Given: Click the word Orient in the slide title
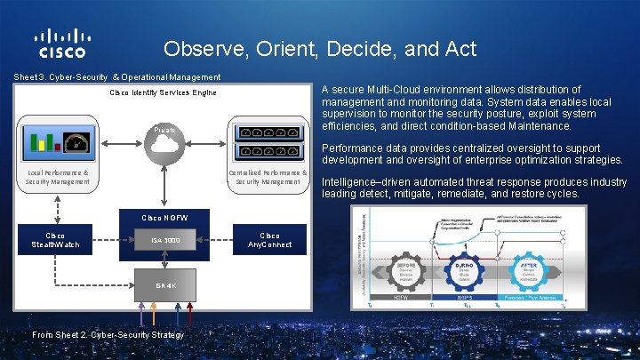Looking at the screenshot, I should pos(284,49).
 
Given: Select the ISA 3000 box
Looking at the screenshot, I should pos(164,240).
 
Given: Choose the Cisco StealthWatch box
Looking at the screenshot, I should pos(55,240).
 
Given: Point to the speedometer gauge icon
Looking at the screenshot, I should pos(76,141).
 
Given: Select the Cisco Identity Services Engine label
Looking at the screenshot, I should pos(163,92).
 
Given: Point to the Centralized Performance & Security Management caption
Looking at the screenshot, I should pos(268,176).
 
